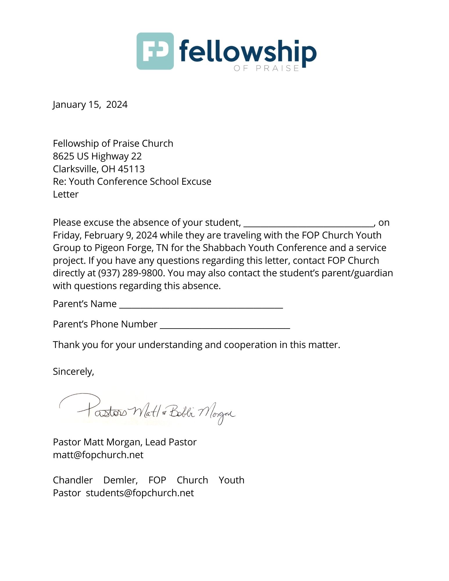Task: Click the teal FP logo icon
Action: tap(155, 51)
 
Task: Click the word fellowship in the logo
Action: tap(248, 52)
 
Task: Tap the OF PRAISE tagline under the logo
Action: tap(266, 69)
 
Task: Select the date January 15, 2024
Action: tap(90, 105)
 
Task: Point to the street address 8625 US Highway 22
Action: tap(97, 156)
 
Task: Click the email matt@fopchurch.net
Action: tap(98, 455)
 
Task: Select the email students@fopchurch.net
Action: tap(140, 493)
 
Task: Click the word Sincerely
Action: tap(73, 372)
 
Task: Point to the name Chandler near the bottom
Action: tap(73, 480)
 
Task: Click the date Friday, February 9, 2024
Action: tap(105, 235)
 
